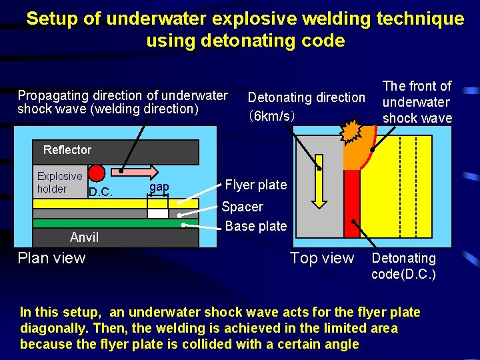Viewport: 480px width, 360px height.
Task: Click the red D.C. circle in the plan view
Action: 97,173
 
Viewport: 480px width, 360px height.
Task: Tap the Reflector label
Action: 67,150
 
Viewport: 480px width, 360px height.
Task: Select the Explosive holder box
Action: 60,183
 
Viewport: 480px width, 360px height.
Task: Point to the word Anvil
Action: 84,237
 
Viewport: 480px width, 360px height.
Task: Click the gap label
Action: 159,187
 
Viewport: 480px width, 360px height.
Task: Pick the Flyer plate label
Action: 256,185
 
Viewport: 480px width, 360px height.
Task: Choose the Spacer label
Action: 242,207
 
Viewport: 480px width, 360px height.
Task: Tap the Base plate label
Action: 256,226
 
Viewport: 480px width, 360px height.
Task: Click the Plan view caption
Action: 51,258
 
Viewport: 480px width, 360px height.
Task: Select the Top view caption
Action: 322,258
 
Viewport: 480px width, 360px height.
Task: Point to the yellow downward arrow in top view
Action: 319,179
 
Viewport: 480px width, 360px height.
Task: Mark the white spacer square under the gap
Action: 158,213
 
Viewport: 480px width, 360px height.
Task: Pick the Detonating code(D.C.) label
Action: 403,266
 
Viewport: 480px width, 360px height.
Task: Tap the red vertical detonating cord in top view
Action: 351,203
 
